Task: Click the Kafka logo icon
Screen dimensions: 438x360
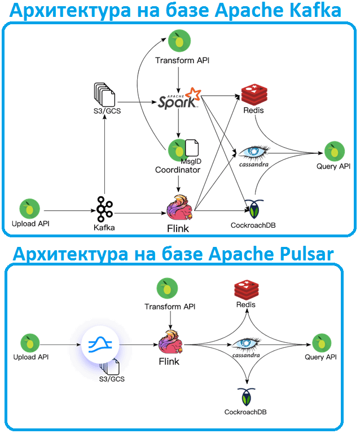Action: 104,209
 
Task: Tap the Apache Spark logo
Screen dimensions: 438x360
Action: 179,99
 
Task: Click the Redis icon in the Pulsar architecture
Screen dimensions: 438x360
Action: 245,290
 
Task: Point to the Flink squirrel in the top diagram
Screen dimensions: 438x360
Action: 179,209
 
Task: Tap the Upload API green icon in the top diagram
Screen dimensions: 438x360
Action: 30,209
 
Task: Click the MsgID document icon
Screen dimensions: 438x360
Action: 192,148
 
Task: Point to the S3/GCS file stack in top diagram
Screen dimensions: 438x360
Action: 105,94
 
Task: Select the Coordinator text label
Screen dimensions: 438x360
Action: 178,170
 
